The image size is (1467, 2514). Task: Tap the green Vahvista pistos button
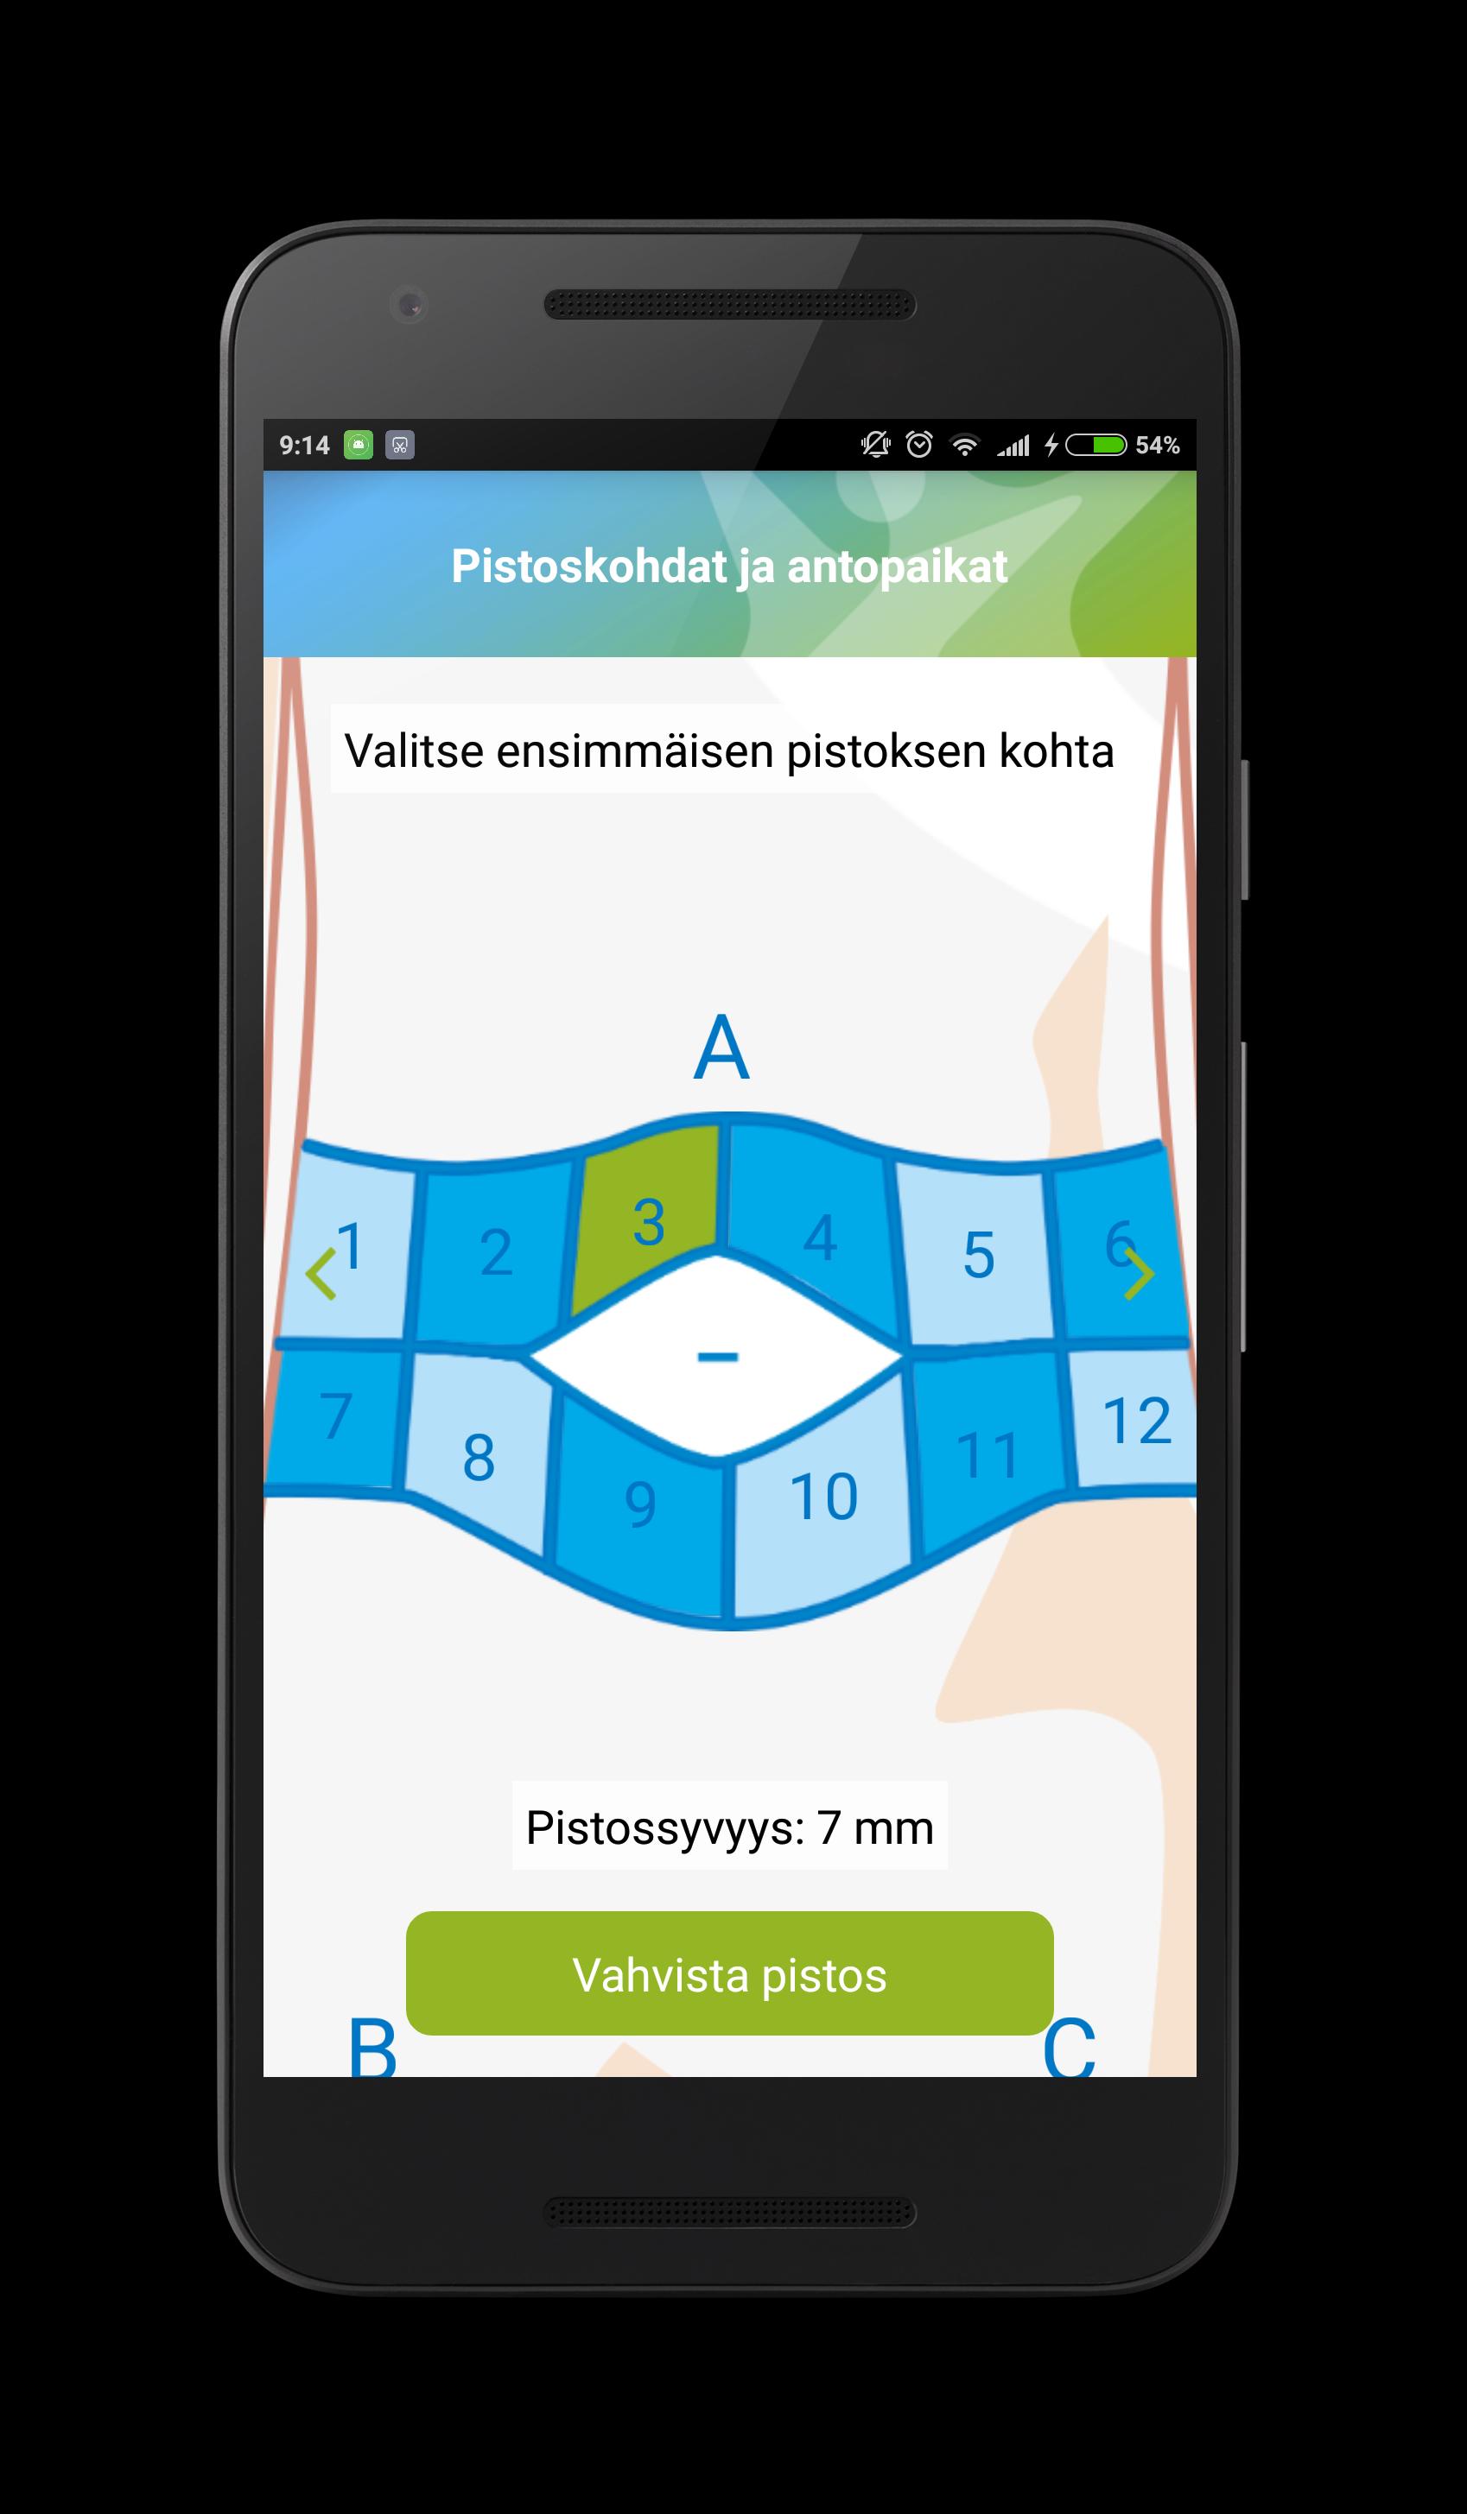click(x=729, y=1974)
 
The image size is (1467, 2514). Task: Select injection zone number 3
click(x=647, y=1217)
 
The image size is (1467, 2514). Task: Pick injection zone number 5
click(x=976, y=1254)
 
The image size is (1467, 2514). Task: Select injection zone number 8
click(x=479, y=1452)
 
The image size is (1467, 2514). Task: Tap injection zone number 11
click(x=988, y=1452)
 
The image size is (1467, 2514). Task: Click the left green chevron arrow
click(x=320, y=1273)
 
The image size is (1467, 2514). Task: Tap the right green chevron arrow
click(x=1140, y=1273)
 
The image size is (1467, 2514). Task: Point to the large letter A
click(x=721, y=1048)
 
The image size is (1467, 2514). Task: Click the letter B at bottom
click(x=372, y=2047)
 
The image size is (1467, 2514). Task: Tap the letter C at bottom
click(x=1069, y=2047)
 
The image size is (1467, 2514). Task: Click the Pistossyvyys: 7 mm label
click(x=729, y=1827)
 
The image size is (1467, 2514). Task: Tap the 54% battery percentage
click(x=1158, y=445)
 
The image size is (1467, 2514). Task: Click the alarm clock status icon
click(x=919, y=444)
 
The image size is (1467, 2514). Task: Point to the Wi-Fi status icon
click(x=964, y=445)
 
